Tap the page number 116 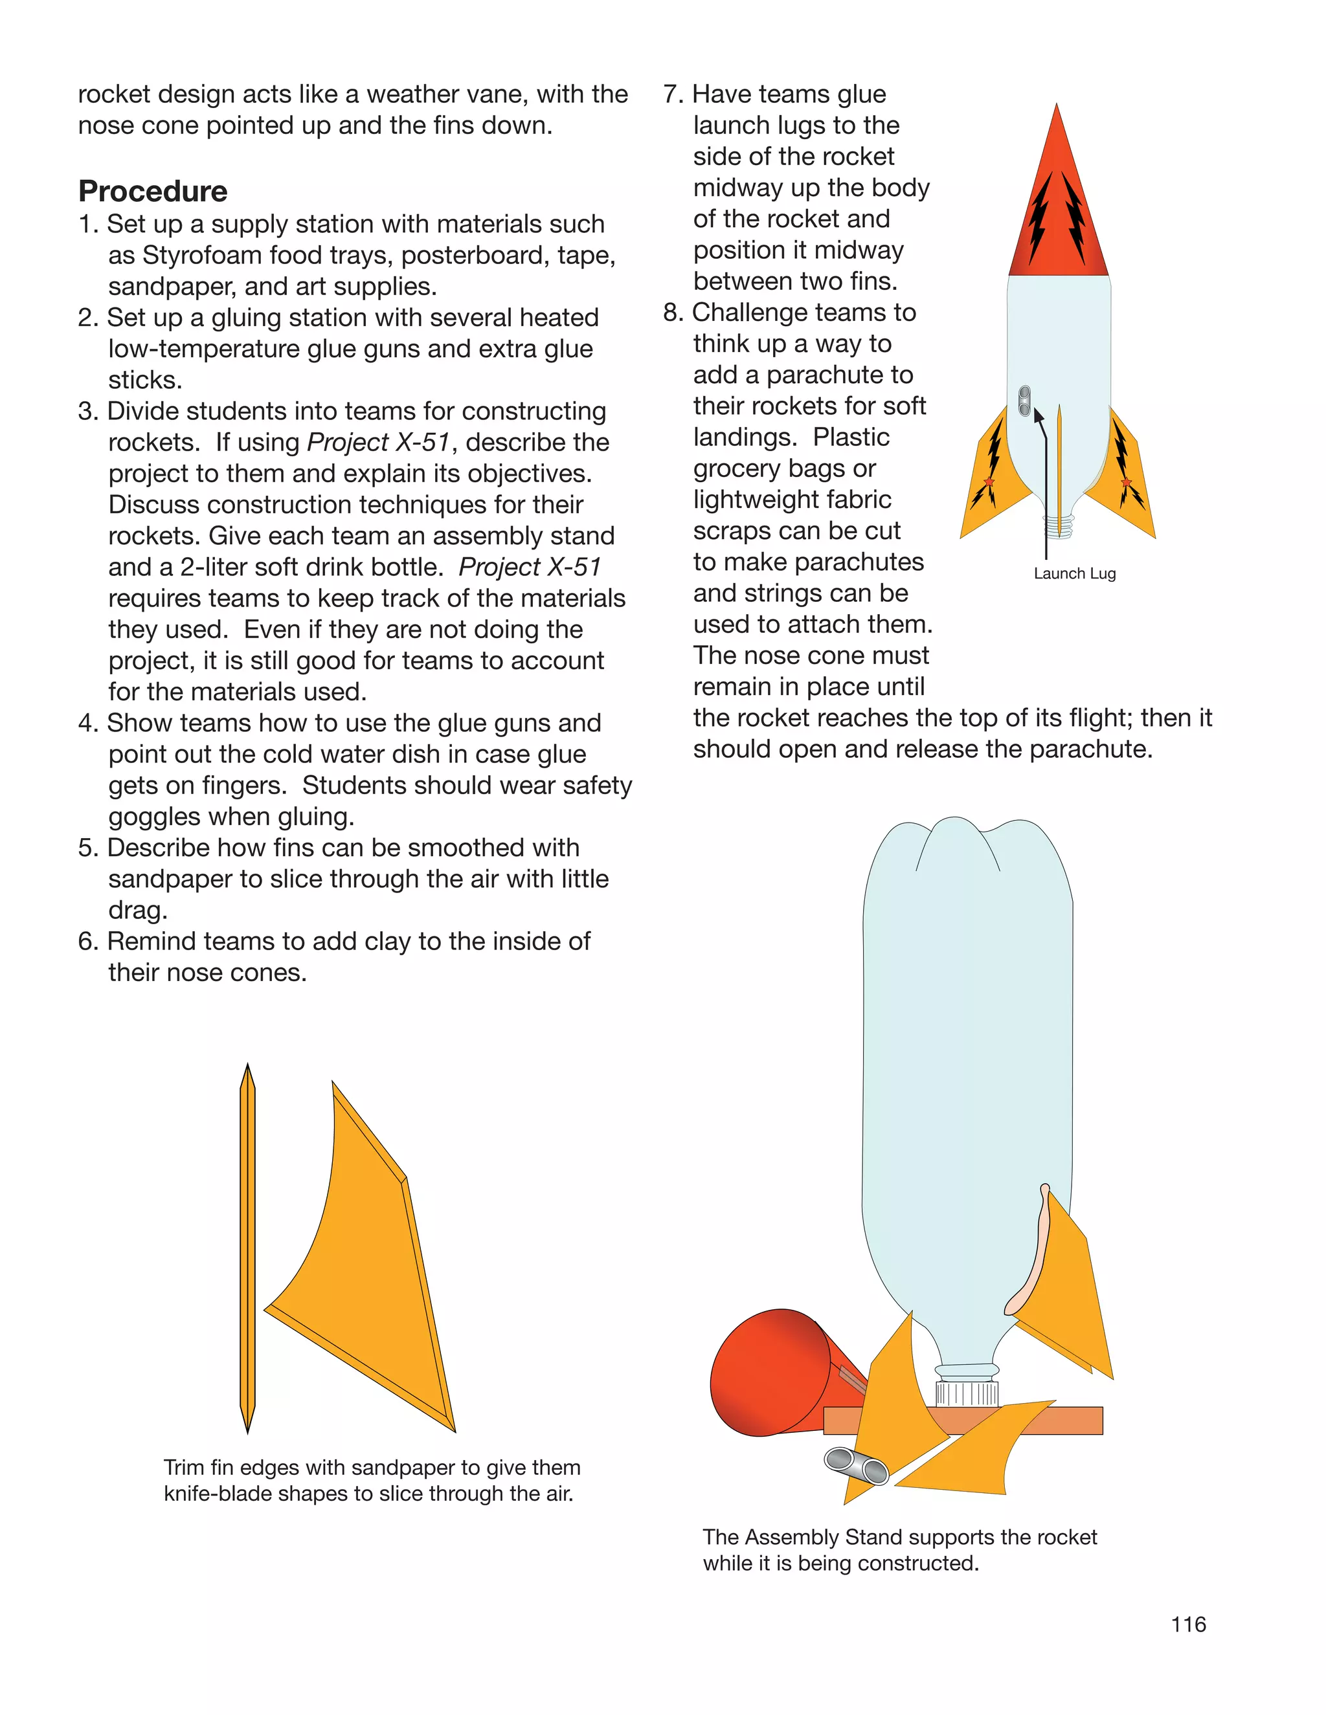click(x=1187, y=1624)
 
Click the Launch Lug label click(x=1074, y=573)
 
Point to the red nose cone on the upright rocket click(x=1057, y=212)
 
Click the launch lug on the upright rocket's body click(x=1024, y=401)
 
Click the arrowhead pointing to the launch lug click(x=1039, y=416)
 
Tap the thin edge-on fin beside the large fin click(x=247, y=1248)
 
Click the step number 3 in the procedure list click(x=87, y=412)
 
